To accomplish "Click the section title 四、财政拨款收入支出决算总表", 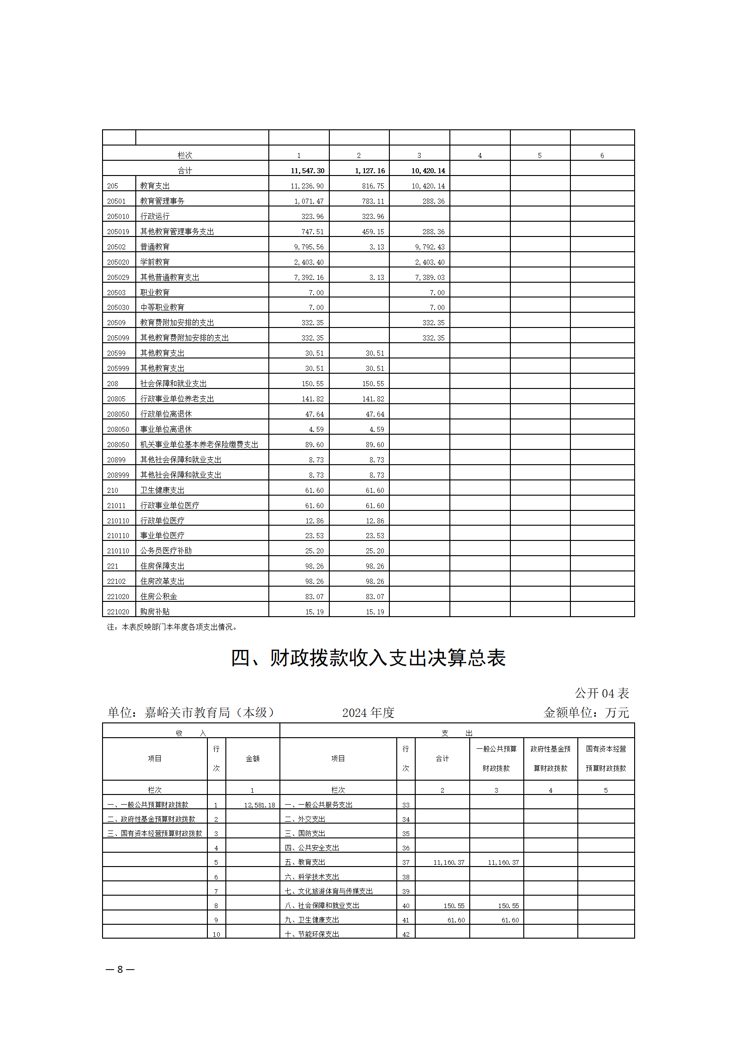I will pyautogui.click(x=368, y=658).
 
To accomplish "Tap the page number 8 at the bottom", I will pyautogui.click(x=120, y=969).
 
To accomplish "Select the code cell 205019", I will pyautogui.click(x=118, y=232).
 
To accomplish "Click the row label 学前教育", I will pyautogui.click(x=155, y=262).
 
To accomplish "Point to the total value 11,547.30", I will pyautogui.click(x=307, y=171).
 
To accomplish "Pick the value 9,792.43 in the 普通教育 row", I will pyautogui.click(x=430, y=247).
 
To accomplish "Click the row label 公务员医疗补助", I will pyautogui.click(x=166, y=551).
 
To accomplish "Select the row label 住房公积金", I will pyautogui.click(x=158, y=596).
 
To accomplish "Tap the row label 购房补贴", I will pyautogui.click(x=155, y=612).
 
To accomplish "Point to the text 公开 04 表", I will pyautogui.click(x=601, y=693).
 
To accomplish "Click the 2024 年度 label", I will pyautogui.click(x=368, y=713).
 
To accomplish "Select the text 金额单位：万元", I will pyautogui.click(x=586, y=713).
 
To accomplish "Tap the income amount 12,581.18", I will pyautogui.click(x=259, y=805).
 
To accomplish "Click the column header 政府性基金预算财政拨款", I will pyautogui.click(x=550, y=758).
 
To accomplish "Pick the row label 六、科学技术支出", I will pyautogui.click(x=312, y=877).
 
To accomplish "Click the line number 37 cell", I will pyautogui.click(x=406, y=862).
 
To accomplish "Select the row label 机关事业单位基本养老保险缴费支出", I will pyautogui.click(x=199, y=444).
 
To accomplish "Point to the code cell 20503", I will pyautogui.click(x=116, y=293).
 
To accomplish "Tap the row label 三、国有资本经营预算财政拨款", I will pyautogui.click(x=155, y=834).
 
